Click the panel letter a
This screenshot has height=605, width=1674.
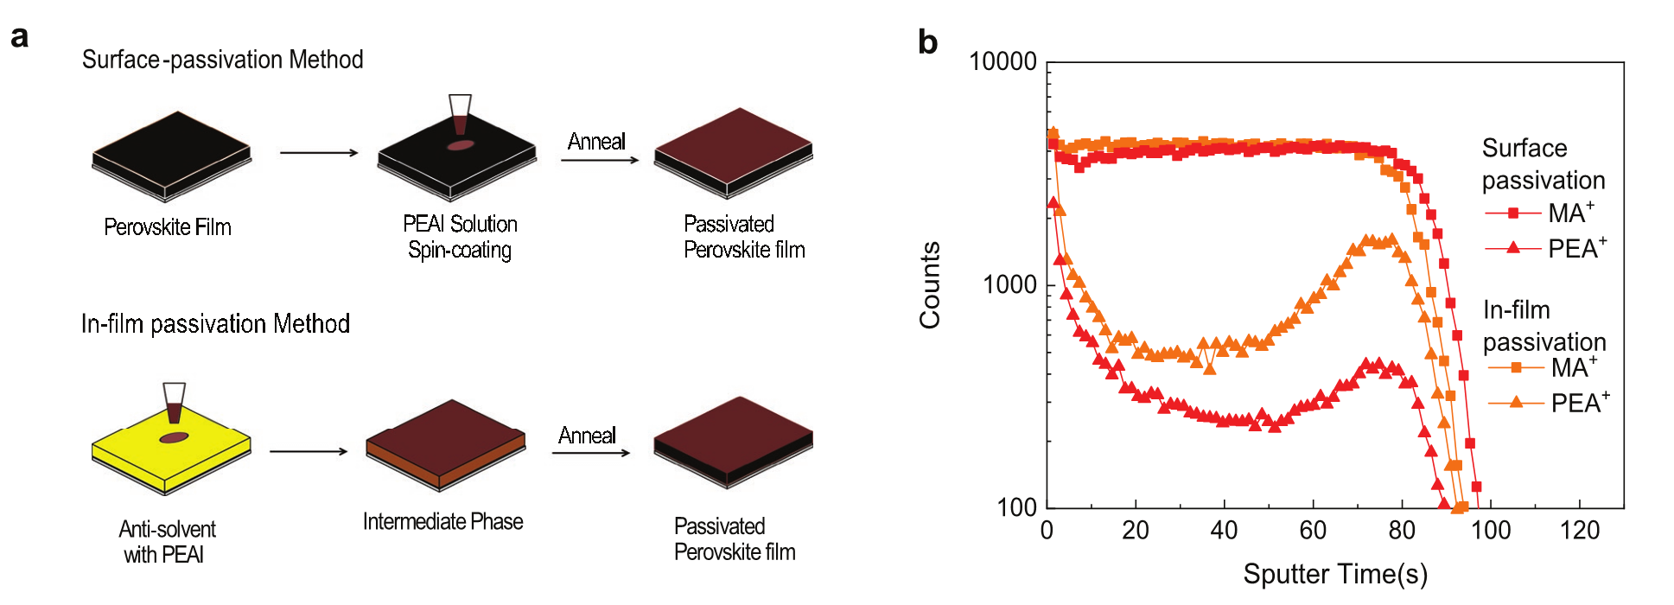point(19,37)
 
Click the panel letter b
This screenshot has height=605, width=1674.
point(927,41)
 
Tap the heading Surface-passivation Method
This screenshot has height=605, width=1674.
point(222,60)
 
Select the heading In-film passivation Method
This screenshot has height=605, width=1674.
point(215,324)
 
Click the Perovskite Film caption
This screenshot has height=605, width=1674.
point(168,227)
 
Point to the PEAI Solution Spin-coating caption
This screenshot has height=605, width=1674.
point(460,237)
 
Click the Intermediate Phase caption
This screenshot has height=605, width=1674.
point(442,522)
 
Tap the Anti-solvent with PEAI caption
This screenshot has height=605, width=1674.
point(166,542)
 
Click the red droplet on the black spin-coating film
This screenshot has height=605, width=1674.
point(461,145)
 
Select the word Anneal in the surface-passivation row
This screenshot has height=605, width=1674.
point(596,142)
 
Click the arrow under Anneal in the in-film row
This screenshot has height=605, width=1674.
point(591,452)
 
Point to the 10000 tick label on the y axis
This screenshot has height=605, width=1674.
point(1002,61)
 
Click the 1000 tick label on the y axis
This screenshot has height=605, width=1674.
point(1009,284)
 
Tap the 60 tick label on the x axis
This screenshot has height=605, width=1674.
point(1313,530)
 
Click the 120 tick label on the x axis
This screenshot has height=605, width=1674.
point(1579,530)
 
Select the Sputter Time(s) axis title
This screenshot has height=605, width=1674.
point(1334,574)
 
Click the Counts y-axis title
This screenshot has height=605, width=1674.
point(930,285)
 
